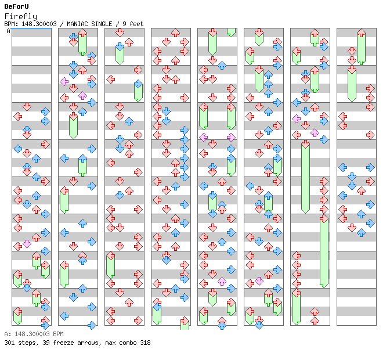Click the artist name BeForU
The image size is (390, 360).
point(16,6)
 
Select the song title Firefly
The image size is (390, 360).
point(21,16)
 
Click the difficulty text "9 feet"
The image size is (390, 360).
point(133,24)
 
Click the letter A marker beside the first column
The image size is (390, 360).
point(9,31)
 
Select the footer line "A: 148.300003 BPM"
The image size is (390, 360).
point(34,334)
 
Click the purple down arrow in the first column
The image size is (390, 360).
point(27,244)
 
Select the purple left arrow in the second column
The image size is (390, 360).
point(64,81)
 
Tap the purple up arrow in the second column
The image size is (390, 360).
point(82,95)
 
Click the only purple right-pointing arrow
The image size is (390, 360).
point(231,137)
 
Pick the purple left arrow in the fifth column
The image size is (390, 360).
point(204,137)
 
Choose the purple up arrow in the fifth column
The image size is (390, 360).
point(222,282)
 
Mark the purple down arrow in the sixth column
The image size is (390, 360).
point(259,282)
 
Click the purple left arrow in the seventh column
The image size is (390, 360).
point(296,118)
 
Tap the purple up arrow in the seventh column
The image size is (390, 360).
point(315,132)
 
